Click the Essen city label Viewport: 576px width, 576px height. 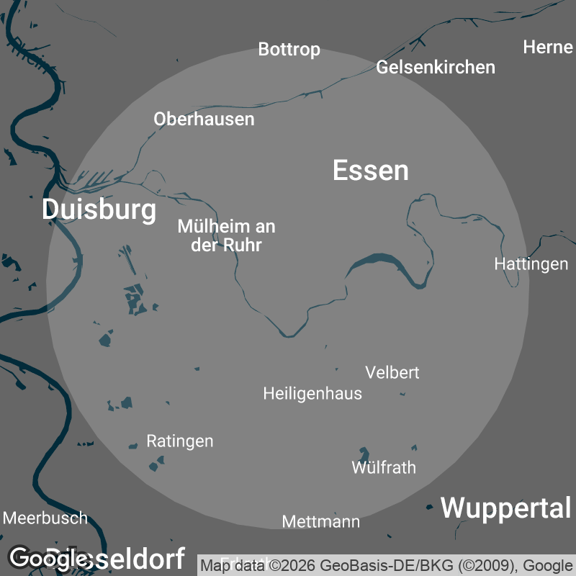click(371, 171)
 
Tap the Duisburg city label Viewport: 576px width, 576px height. click(99, 210)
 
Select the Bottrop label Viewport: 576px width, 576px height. click(289, 50)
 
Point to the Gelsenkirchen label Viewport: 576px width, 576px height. click(436, 67)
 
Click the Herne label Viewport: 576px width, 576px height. click(547, 48)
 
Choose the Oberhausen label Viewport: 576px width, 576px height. click(204, 119)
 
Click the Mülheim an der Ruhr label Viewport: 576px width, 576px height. click(226, 235)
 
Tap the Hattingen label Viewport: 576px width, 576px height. click(531, 264)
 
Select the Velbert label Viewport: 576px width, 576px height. click(392, 372)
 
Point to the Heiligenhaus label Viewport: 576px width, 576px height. click(312, 394)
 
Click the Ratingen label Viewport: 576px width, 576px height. click(179, 441)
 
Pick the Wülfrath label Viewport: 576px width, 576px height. click(384, 467)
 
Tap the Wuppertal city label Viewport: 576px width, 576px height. click(505, 508)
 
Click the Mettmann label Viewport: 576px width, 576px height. click(320, 521)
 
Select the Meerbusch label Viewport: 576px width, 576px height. click(45, 518)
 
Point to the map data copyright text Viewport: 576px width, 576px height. click(386, 565)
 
